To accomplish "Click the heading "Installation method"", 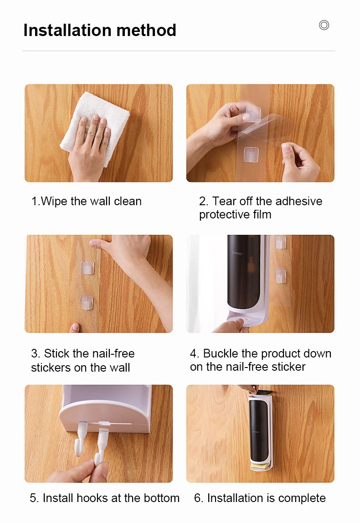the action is click(x=100, y=30).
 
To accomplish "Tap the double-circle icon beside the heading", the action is click(x=324, y=25).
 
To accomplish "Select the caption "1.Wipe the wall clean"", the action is click(x=86, y=201).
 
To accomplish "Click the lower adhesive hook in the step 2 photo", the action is click(x=252, y=155).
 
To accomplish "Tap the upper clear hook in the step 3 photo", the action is click(x=87, y=267).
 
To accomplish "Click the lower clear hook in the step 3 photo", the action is click(x=87, y=302).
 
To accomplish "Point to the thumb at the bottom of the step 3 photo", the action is click(x=75, y=328).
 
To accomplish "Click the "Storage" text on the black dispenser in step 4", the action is click(x=237, y=253).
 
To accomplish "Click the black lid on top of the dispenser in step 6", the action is click(x=261, y=392).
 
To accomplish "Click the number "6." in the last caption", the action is click(x=199, y=498).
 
